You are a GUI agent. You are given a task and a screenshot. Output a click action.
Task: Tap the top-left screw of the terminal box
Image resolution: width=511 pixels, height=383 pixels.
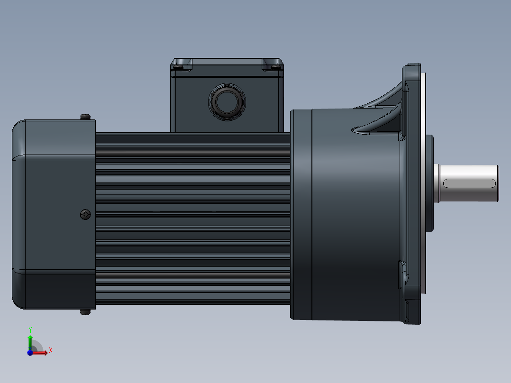178,67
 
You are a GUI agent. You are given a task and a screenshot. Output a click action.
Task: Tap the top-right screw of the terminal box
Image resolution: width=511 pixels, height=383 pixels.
274,67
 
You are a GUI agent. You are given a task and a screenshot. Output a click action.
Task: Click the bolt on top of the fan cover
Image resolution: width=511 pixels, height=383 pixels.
85,117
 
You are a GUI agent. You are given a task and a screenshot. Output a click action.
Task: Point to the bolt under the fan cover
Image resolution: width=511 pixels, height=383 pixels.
85,312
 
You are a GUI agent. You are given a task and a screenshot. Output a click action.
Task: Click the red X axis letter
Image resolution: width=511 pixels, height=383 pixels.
51,350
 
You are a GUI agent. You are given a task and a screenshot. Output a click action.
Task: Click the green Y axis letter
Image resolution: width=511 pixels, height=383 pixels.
30,329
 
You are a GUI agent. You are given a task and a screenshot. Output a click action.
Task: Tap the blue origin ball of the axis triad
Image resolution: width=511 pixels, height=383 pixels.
30,352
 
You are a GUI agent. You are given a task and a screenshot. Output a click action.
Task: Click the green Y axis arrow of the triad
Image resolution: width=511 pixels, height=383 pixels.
30,340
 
